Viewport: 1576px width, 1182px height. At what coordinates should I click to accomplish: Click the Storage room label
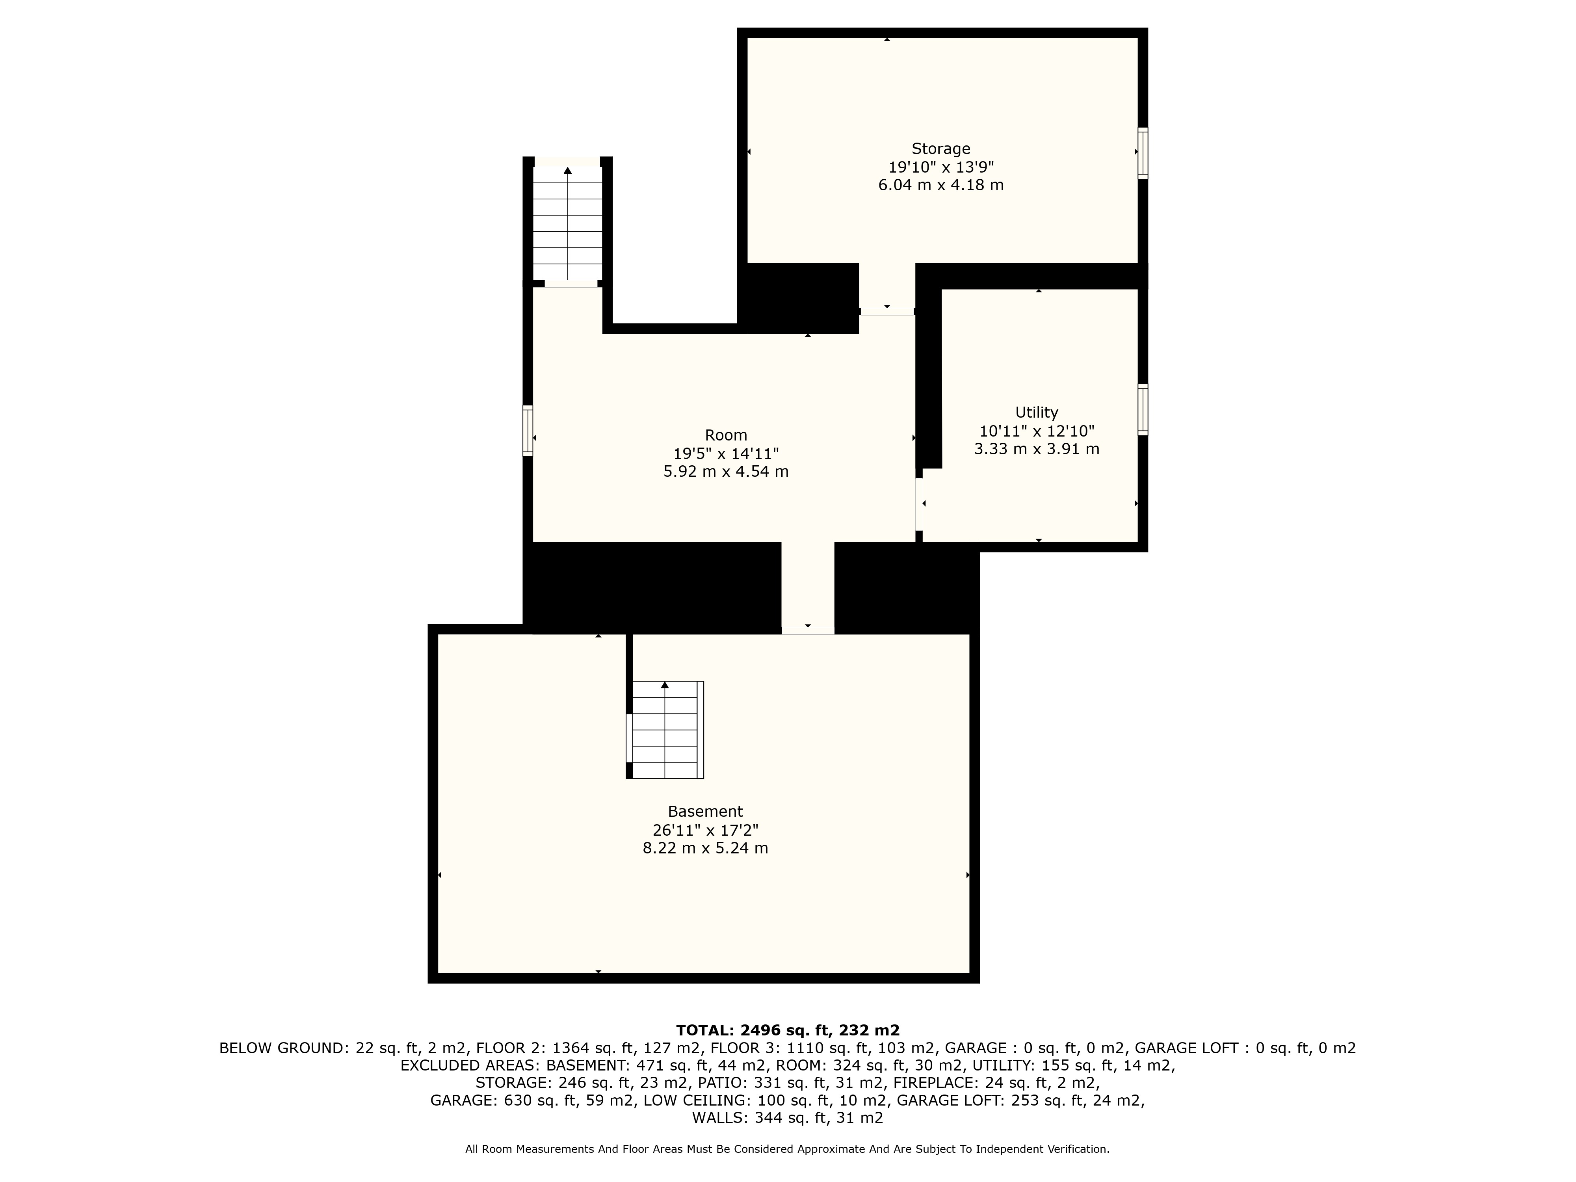(x=940, y=149)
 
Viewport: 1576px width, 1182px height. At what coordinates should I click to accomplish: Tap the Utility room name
(x=1037, y=413)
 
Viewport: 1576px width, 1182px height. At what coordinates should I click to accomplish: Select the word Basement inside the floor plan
(x=705, y=812)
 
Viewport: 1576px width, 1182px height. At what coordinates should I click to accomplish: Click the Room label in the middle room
(x=726, y=435)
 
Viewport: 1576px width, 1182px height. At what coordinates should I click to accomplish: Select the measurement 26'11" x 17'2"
(x=705, y=830)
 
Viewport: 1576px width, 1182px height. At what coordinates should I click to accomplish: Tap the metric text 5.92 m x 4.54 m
(x=726, y=472)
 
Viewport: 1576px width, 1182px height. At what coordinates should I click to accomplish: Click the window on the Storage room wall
(x=1143, y=152)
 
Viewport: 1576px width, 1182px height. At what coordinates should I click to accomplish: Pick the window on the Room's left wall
(x=528, y=430)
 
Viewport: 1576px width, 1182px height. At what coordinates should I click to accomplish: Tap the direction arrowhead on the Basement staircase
(x=665, y=685)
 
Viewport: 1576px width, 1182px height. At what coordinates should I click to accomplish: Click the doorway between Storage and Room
(x=887, y=311)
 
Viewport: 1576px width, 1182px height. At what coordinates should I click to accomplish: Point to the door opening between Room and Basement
(x=808, y=630)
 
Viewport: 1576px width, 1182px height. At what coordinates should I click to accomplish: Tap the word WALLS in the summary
(x=718, y=1118)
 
